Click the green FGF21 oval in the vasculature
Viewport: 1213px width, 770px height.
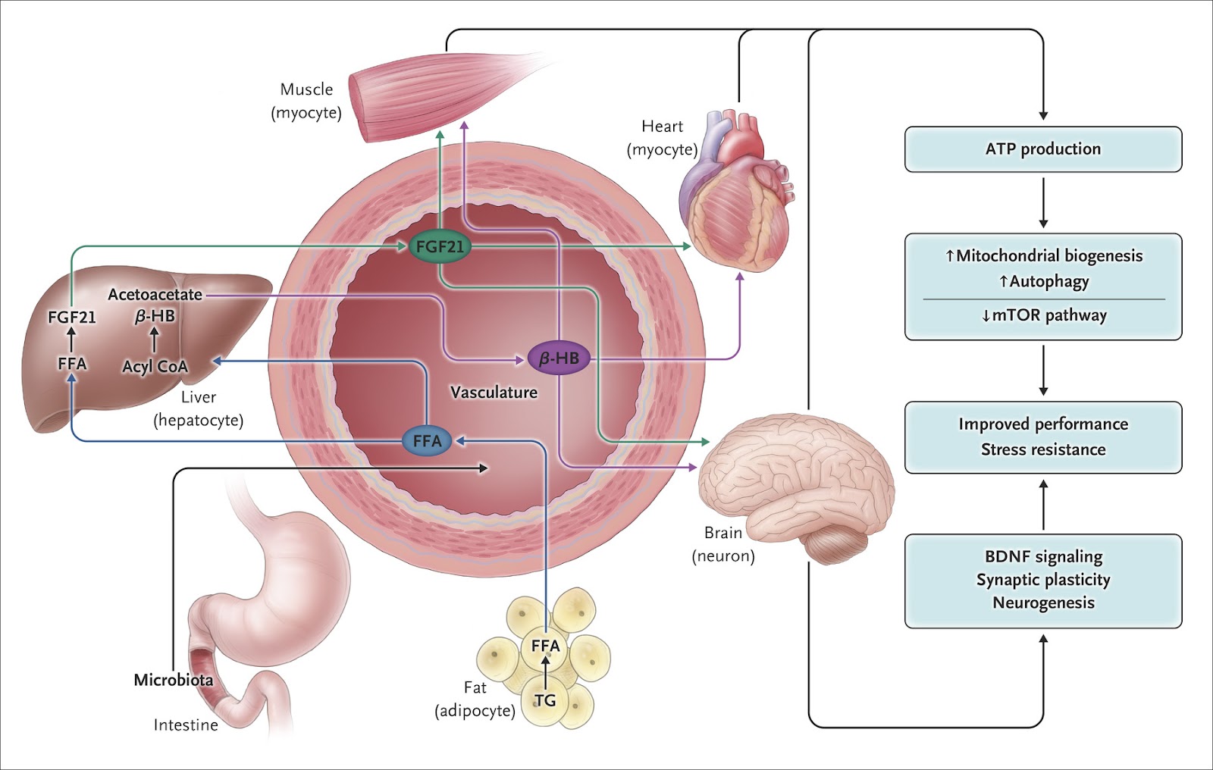(x=440, y=247)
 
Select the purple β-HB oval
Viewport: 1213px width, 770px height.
(x=559, y=358)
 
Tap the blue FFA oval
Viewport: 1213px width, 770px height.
(x=427, y=441)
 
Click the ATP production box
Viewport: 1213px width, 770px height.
(x=1043, y=149)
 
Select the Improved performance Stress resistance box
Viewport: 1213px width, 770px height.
(x=1043, y=437)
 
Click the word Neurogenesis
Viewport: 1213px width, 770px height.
(x=1043, y=603)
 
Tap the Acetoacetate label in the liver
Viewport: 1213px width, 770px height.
(x=155, y=295)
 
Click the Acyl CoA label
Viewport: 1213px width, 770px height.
(x=155, y=367)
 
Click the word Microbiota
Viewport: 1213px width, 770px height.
(x=173, y=680)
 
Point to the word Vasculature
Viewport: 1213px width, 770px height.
(x=494, y=393)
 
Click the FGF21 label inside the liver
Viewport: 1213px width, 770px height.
(x=72, y=318)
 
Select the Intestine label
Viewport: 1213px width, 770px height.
(x=186, y=725)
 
